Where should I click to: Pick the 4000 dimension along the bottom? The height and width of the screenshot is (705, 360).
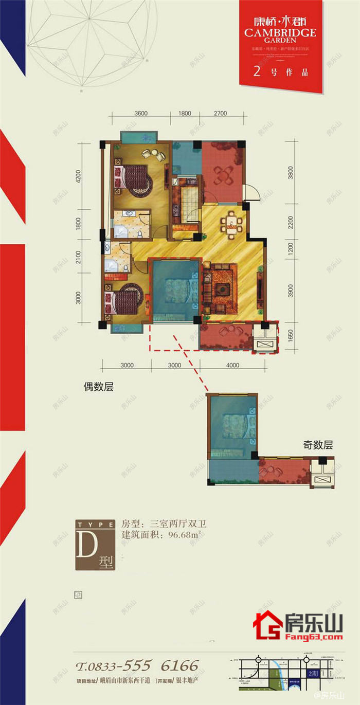pos(232,366)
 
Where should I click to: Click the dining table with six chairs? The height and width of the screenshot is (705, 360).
pos(232,223)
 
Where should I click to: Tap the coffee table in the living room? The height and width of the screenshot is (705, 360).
pos(223,288)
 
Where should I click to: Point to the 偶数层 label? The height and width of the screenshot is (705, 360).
pos(98,388)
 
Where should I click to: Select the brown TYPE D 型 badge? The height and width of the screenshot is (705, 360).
pos(95,545)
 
